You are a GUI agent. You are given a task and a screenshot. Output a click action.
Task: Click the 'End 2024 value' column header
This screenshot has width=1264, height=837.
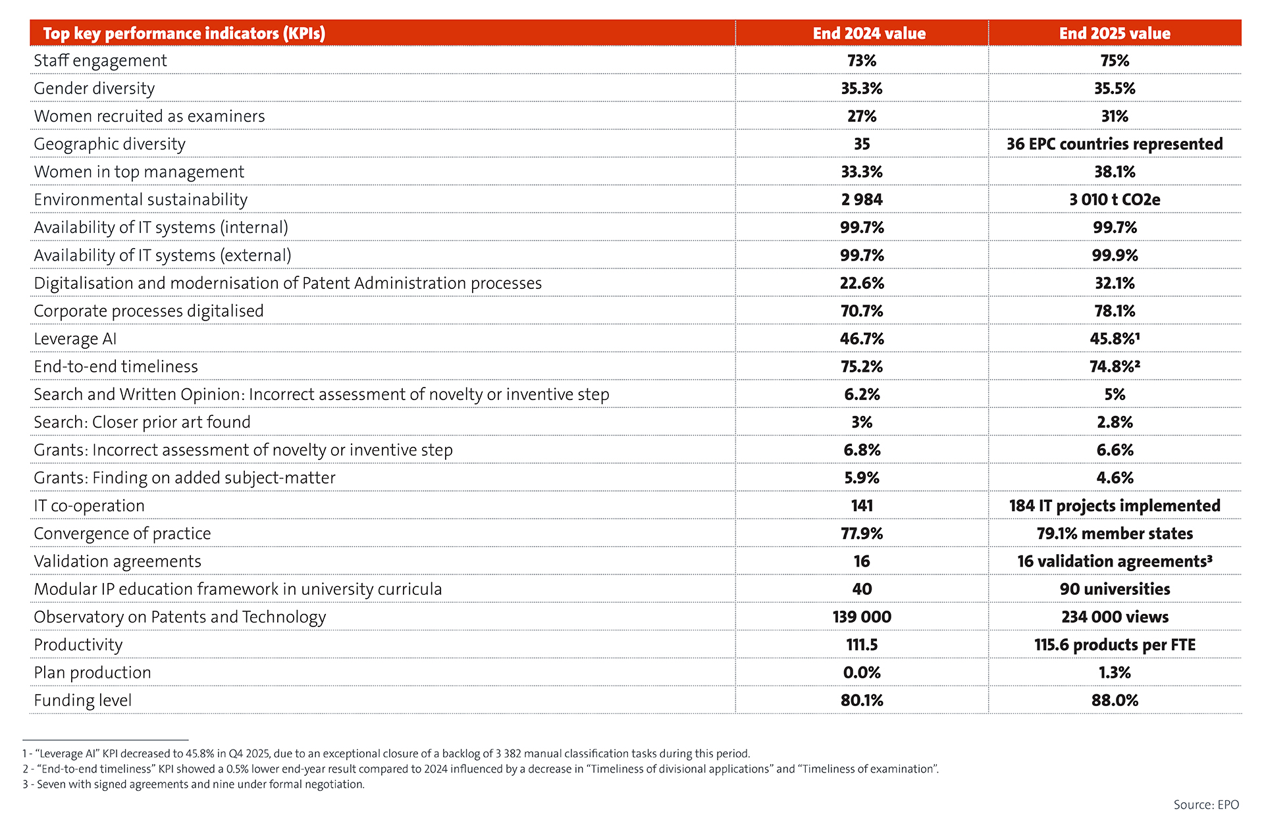[869, 34]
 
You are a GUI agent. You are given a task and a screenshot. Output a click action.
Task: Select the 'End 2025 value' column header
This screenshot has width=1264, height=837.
[1115, 34]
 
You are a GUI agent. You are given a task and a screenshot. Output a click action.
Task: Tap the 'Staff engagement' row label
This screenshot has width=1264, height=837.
[100, 61]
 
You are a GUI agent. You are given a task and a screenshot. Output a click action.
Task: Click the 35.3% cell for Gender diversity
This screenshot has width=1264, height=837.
[862, 88]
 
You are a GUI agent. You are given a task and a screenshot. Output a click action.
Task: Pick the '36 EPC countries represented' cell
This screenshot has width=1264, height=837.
[1115, 144]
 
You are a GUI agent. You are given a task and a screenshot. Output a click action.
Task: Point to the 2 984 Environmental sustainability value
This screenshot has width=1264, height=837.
[862, 199]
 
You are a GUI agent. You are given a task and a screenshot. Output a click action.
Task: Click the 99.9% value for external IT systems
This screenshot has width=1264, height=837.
[1115, 255]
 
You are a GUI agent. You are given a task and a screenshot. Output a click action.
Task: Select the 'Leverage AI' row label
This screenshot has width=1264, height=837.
[75, 339]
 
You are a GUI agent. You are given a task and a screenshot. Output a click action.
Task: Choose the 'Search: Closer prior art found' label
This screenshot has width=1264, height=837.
[142, 422]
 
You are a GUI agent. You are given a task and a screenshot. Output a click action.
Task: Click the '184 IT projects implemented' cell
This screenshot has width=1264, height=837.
[1115, 505]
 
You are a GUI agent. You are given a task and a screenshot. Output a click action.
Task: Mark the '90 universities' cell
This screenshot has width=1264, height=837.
[1115, 589]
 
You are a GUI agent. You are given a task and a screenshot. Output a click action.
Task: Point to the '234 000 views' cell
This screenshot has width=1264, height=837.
[1115, 617]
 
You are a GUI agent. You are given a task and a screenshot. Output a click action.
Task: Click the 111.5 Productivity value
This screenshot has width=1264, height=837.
[862, 645]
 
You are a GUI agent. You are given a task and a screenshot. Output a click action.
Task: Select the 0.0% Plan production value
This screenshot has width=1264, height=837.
[862, 672]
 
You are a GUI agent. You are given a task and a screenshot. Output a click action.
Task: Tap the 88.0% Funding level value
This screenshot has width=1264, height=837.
[1115, 700]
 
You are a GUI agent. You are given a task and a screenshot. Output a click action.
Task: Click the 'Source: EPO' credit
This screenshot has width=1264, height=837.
[1206, 805]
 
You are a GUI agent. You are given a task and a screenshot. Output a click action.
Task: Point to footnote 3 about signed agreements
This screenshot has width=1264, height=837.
[194, 784]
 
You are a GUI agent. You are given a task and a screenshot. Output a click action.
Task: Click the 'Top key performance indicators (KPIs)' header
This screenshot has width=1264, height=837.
[184, 34]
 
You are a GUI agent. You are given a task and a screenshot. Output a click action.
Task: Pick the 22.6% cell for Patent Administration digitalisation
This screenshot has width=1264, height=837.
[862, 283]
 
